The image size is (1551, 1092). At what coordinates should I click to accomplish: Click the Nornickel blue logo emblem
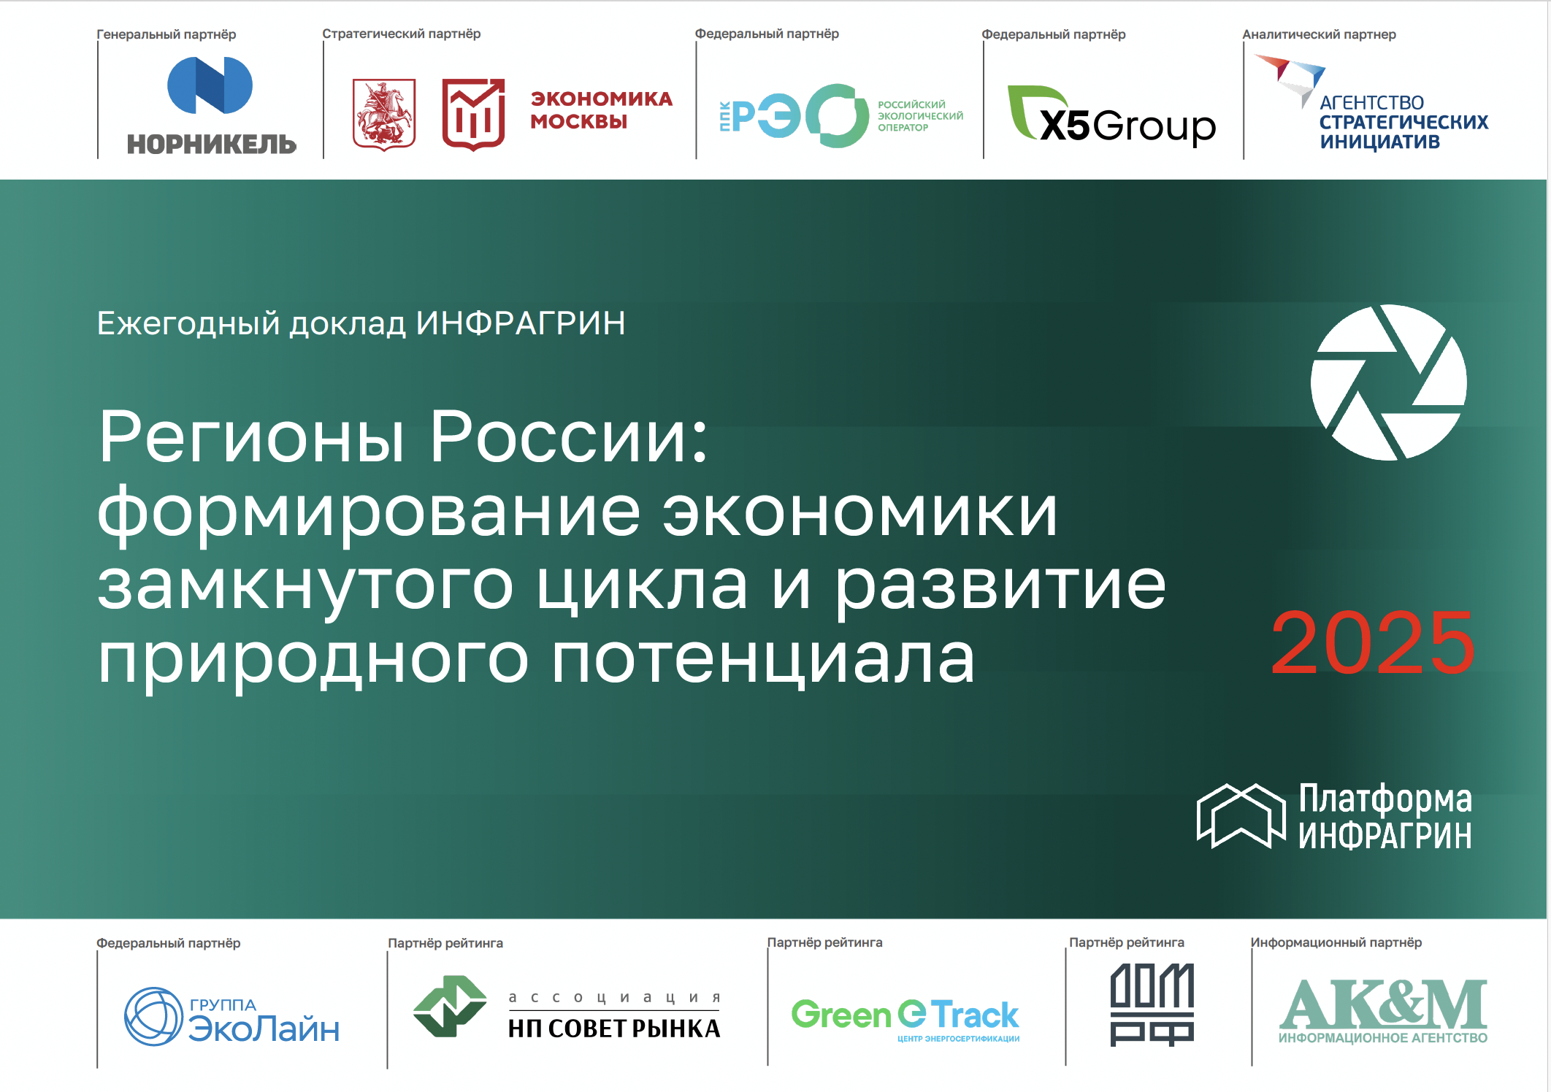coord(210,85)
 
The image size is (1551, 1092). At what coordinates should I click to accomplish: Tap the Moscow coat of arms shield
coord(384,115)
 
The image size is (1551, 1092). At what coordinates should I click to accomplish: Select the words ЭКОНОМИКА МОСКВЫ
coord(601,109)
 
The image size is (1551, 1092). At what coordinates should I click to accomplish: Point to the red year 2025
coord(1372,643)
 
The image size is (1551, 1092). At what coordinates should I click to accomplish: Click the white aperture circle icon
coord(1388,382)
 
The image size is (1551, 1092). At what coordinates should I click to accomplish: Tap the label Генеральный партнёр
coord(166,34)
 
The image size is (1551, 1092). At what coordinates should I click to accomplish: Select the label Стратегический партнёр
coord(402,34)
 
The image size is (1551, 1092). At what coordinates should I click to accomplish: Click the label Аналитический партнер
coord(1319,34)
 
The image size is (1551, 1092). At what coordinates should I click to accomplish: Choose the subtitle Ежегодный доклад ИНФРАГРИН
coord(361,323)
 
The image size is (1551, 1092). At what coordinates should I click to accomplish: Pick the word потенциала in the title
coord(762,658)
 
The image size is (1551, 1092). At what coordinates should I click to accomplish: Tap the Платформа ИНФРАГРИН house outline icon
coord(1241,815)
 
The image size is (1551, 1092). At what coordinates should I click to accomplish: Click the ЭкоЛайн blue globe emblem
coord(153,1016)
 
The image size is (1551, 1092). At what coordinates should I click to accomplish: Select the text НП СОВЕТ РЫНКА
coord(614,1028)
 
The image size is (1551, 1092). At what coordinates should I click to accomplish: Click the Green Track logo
coord(905,1018)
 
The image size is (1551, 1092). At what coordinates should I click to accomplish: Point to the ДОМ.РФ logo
coord(1152,1004)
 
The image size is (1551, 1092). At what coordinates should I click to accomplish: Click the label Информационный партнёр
coord(1336,942)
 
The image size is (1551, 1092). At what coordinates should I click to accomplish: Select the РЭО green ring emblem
coord(838,115)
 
